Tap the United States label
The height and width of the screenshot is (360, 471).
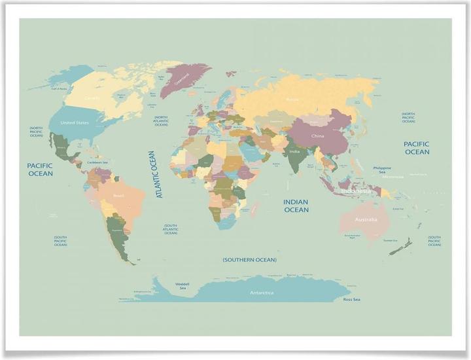click(x=75, y=122)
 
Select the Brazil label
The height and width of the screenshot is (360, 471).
click(x=119, y=196)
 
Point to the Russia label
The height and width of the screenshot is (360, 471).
click(x=292, y=99)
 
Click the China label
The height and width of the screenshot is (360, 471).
click(x=317, y=136)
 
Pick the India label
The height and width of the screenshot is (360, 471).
click(x=295, y=152)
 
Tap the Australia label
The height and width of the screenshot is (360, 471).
click(x=366, y=219)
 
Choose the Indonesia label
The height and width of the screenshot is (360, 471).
click(x=356, y=192)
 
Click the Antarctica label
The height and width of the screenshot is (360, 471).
click(x=262, y=293)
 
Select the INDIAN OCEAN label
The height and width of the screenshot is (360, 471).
click(x=296, y=206)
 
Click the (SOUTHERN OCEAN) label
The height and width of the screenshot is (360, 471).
click(x=249, y=260)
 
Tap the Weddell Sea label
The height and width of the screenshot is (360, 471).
click(x=183, y=286)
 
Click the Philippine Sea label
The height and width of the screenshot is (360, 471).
click(x=382, y=170)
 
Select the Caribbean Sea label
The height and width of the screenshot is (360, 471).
click(x=97, y=162)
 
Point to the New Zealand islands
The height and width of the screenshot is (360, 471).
click(x=400, y=245)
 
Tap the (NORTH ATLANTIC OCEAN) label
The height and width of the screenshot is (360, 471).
click(x=162, y=121)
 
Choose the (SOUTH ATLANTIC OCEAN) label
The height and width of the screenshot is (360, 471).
click(x=171, y=229)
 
